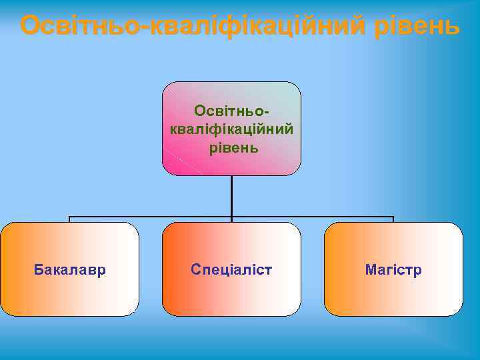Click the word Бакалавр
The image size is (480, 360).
pos(69,270)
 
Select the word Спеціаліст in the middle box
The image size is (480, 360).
pos(231,270)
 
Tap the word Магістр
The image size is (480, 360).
pos(393,270)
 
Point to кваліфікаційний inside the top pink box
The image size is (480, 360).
pos(231,127)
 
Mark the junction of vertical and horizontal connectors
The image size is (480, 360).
pos(231,217)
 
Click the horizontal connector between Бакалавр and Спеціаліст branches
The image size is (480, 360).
pos(150,217)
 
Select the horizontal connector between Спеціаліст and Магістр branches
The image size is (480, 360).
pos(313,217)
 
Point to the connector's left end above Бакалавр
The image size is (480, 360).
pos(69,218)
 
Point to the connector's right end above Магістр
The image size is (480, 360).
pos(393,218)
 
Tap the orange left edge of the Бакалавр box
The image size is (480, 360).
pos(7,269)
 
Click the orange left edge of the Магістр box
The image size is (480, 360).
pos(331,269)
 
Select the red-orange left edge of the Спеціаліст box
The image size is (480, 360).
pos(169,269)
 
